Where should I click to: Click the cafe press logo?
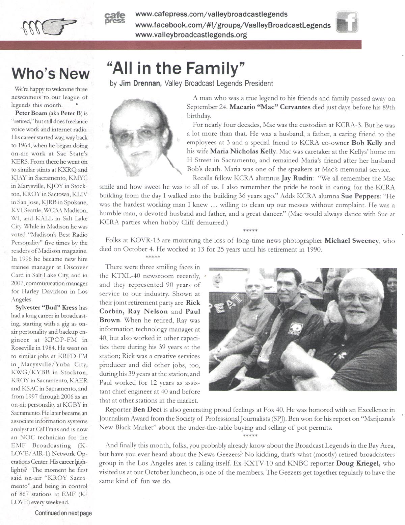coord(115,18)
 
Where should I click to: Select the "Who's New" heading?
coord(51,73)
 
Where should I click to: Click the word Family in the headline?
coord(213,69)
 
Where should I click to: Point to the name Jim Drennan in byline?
coord(137,83)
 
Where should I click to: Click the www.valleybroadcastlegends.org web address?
coord(191,35)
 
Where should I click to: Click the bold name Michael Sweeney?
coord(352,241)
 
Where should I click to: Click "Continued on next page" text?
coord(63,513)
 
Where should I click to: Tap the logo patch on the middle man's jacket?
coord(298,330)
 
